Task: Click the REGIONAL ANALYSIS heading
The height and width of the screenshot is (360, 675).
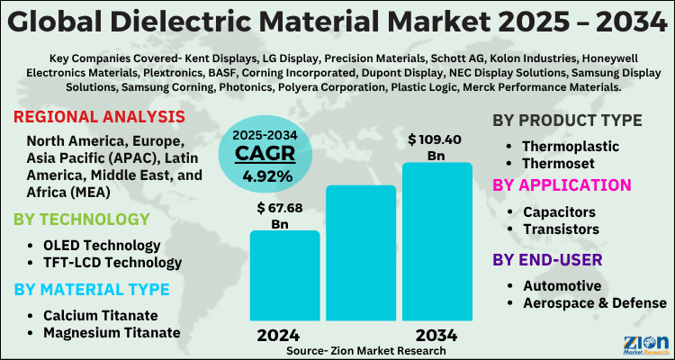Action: [99, 117]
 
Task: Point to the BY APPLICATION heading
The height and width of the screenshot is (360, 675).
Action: [561, 184]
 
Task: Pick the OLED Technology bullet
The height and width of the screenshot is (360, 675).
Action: [102, 245]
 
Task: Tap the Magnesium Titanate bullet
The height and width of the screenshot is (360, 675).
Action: [111, 332]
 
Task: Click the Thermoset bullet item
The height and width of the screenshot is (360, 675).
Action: [564, 163]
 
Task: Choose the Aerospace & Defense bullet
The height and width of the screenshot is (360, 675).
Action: [594, 303]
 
